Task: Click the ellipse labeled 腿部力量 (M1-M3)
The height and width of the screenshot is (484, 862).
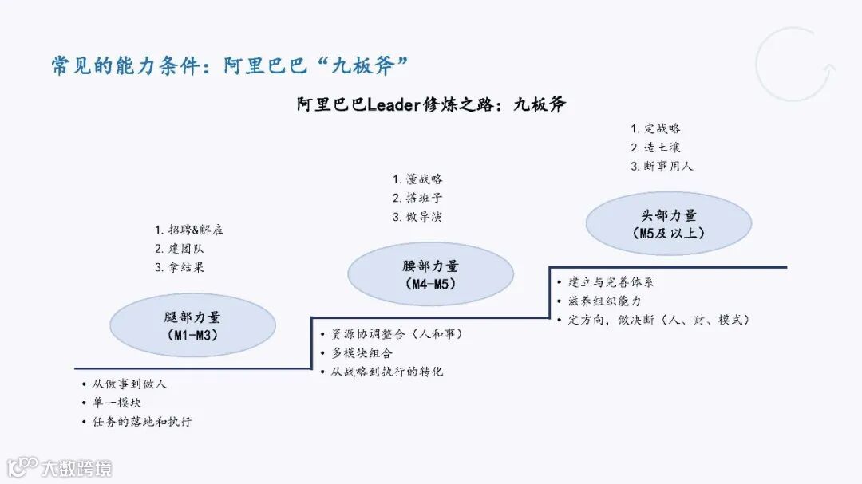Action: click(192, 325)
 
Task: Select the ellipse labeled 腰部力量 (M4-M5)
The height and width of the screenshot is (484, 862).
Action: click(430, 274)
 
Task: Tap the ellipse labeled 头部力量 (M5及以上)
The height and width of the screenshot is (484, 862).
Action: click(669, 223)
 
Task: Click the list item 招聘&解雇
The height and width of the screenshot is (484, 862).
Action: click(189, 230)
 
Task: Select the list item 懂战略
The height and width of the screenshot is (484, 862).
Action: click(417, 179)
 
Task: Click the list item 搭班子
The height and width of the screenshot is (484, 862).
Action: click(417, 198)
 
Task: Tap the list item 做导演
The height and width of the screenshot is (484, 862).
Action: click(417, 217)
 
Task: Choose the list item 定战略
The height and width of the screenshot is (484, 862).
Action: click(656, 128)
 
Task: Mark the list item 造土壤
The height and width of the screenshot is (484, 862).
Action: click(656, 148)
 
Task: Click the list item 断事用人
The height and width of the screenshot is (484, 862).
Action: click(662, 167)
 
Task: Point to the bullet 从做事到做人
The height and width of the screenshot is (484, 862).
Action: click(129, 384)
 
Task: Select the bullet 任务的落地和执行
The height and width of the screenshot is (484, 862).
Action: click(141, 422)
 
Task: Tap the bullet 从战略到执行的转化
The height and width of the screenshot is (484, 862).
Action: click(386, 372)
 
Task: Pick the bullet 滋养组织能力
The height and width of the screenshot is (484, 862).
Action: click(604, 301)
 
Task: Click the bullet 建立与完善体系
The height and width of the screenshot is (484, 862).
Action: click(611, 282)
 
